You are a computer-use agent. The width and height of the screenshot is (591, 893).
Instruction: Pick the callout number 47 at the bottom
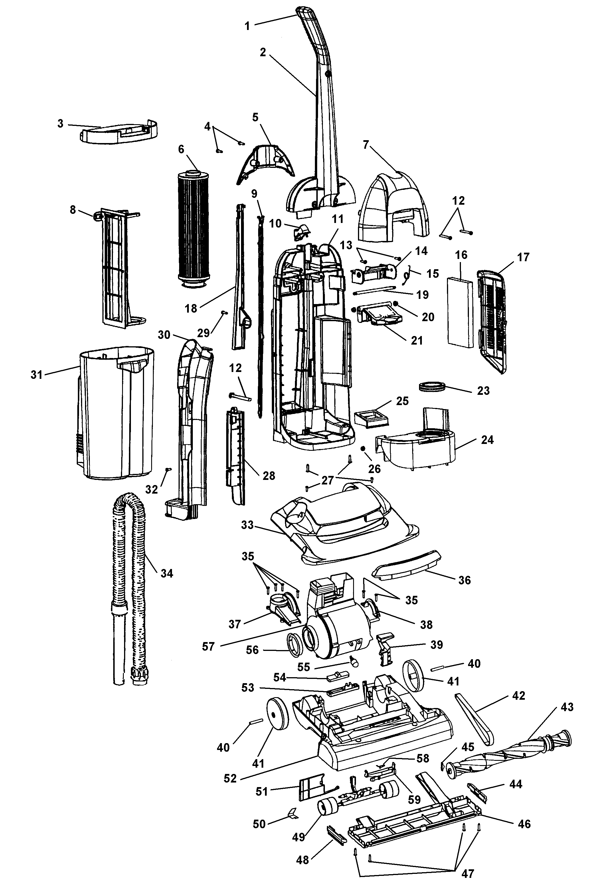click(x=467, y=873)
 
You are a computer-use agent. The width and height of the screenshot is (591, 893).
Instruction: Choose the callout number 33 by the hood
click(x=247, y=525)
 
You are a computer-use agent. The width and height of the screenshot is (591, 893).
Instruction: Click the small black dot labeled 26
click(x=363, y=448)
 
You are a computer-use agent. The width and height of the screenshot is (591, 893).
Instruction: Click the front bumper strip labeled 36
click(x=407, y=566)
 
